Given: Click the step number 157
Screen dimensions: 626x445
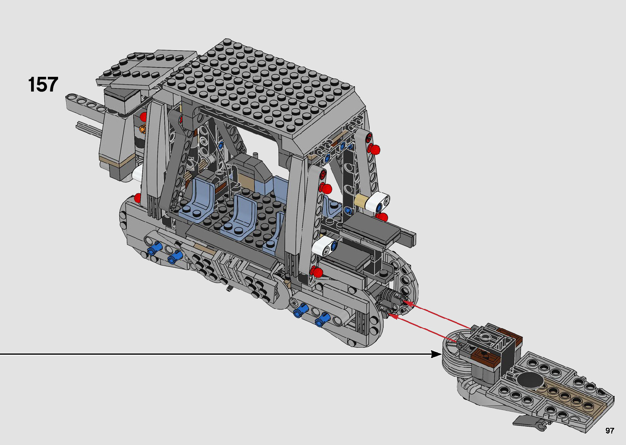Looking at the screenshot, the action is coord(43,84).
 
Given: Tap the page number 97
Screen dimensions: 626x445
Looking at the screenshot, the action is coord(610,430).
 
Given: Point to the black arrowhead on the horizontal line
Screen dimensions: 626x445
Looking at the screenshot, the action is coord(436,354).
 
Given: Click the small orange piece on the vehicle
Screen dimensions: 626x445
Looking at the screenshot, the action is coord(143,129).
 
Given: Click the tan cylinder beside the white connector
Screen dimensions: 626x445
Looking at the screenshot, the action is coord(361,200).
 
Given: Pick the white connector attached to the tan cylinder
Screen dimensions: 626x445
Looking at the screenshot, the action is coord(377,201).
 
